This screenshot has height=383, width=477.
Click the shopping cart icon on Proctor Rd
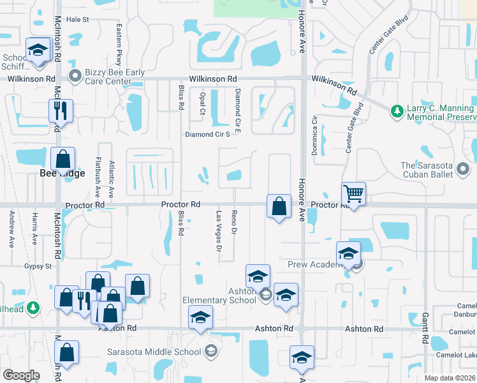pyautogui.click(x=353, y=193)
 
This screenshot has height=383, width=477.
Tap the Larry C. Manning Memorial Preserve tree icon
pyautogui.click(x=397, y=111)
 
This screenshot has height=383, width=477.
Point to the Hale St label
pyautogui.click(x=78, y=20)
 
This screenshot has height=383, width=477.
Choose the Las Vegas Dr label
pyautogui.click(x=219, y=227)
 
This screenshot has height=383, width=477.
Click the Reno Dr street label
pyautogui.click(x=234, y=222)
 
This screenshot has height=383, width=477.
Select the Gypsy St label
pyautogui.click(x=38, y=266)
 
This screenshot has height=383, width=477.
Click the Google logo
pyautogui.click(x=21, y=375)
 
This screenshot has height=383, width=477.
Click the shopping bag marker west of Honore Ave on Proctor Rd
pyautogui.click(x=279, y=206)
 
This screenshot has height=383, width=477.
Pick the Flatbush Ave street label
pyautogui.click(x=98, y=176)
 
